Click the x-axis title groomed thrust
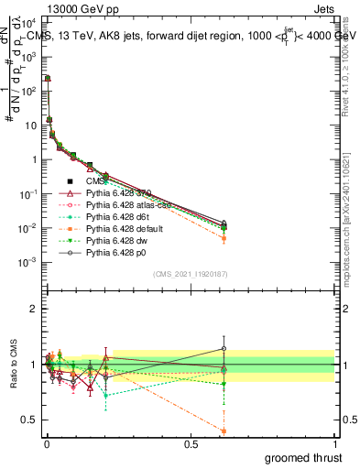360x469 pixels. pos(301,455)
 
